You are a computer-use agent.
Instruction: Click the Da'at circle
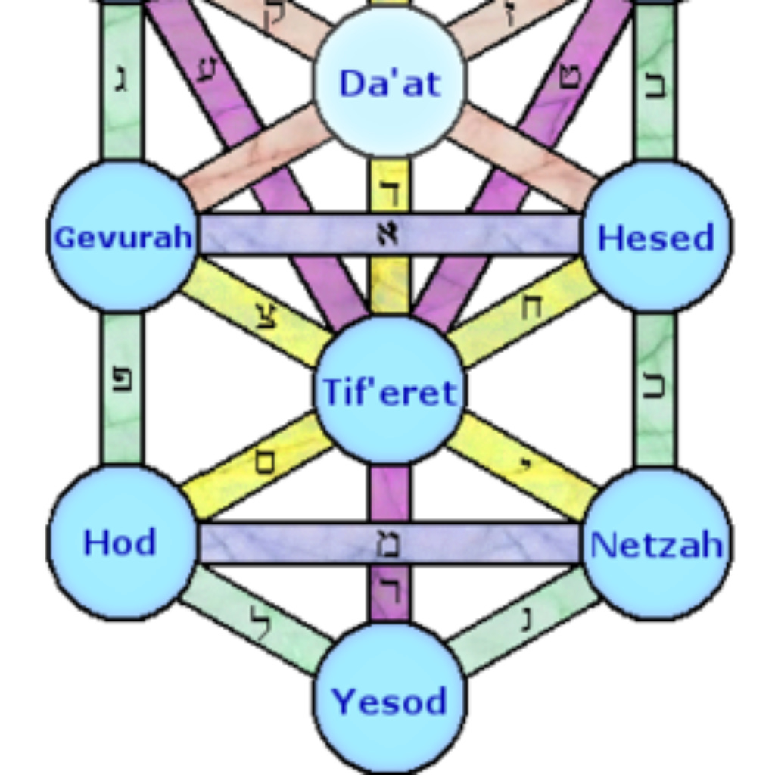[390, 82]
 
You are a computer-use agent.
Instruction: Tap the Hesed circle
[655, 236]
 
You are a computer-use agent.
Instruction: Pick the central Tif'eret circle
[390, 391]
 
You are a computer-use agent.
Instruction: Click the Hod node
[121, 542]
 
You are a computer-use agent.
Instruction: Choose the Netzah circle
[655, 543]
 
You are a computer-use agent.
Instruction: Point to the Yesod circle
[390, 699]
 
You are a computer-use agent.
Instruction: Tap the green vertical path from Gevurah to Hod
[122, 387]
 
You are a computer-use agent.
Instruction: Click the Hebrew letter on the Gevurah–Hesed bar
[389, 235]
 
